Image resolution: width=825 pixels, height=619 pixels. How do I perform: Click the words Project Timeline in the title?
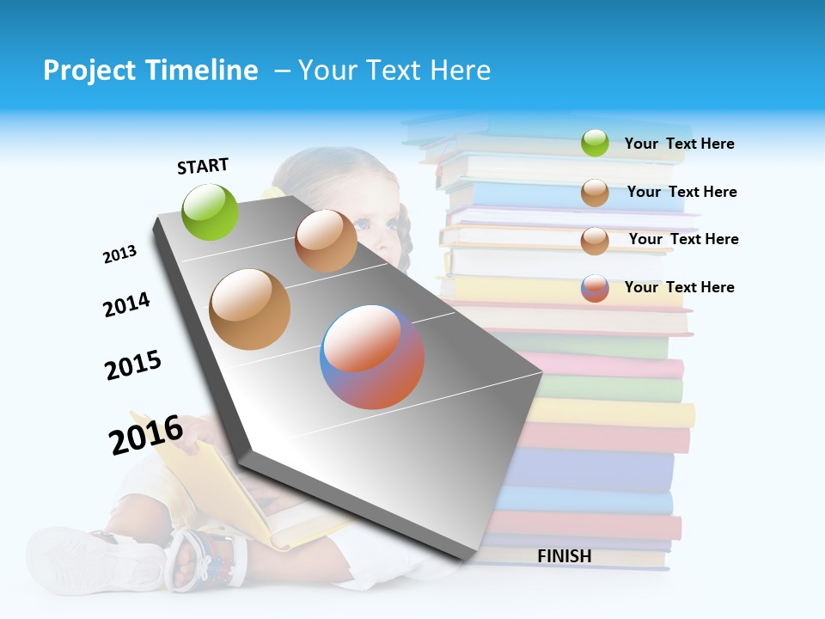point(150,70)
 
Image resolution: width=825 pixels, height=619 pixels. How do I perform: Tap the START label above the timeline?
point(203,166)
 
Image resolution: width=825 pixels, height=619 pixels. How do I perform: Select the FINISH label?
point(565,556)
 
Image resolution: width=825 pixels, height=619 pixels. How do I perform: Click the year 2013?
point(119,254)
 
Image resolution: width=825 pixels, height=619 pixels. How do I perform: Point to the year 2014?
point(126,304)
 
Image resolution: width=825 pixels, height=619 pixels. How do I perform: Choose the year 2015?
point(133,365)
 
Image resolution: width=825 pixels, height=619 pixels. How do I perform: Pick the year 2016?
point(146,434)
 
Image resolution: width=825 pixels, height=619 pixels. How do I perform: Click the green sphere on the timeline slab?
point(211,211)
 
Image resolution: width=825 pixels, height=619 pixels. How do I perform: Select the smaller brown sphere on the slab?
point(326,241)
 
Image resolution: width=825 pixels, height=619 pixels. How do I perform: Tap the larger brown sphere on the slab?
point(250,309)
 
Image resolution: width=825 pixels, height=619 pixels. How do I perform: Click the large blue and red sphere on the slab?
point(372,357)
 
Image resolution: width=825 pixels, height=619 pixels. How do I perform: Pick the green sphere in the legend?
point(595,144)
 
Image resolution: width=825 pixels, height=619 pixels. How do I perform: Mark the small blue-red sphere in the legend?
point(595,288)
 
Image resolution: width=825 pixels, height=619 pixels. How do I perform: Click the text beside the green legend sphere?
point(679,144)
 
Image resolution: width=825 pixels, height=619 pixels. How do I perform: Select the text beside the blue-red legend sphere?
point(679,287)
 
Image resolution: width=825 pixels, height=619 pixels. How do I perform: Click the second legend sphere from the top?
point(595,193)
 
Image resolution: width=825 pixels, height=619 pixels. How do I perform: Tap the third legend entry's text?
point(683,239)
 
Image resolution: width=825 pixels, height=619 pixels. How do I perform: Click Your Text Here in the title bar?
point(394,70)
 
